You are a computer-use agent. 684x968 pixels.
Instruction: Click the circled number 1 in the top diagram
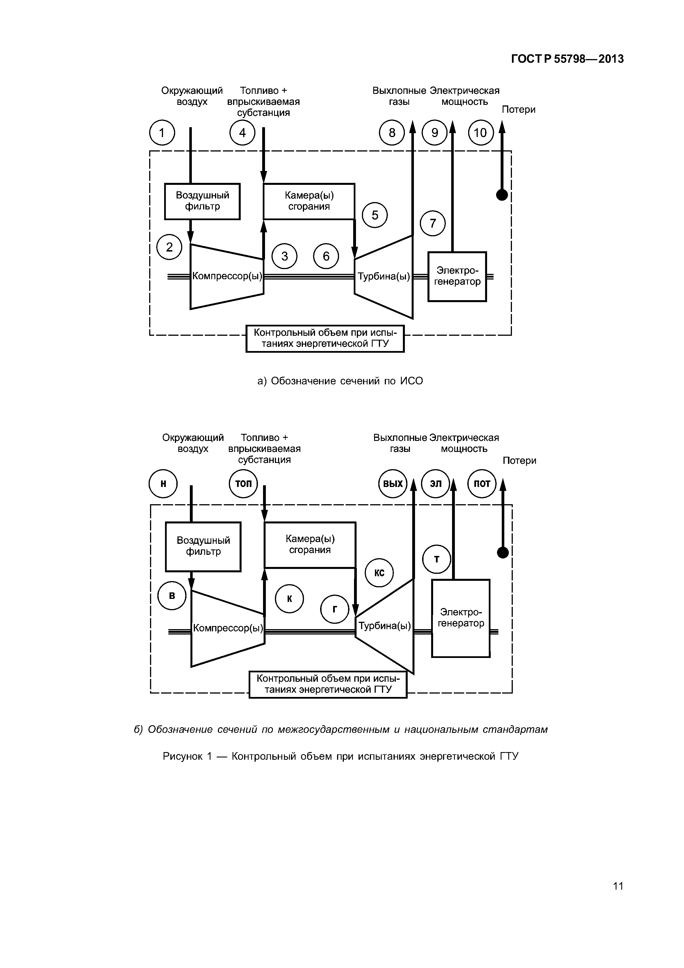(x=162, y=133)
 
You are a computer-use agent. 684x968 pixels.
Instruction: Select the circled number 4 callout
(x=242, y=133)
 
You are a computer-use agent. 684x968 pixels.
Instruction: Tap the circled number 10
(x=481, y=133)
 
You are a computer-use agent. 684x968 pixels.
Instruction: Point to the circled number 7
(x=433, y=223)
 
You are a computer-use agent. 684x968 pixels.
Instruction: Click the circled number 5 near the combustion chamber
(x=375, y=215)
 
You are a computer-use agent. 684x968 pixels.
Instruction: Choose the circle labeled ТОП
(x=243, y=484)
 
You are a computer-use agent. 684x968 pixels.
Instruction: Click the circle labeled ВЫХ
(x=393, y=484)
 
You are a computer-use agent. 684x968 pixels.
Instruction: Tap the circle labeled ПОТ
(x=482, y=484)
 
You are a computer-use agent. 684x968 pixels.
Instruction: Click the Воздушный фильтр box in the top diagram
(x=202, y=201)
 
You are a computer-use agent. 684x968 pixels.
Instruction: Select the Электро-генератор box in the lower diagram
(x=461, y=618)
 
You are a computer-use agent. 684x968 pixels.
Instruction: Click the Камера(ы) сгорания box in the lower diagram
(x=310, y=545)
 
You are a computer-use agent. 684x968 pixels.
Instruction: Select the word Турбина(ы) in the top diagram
(x=383, y=277)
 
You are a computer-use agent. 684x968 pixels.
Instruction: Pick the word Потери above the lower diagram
(x=519, y=460)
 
